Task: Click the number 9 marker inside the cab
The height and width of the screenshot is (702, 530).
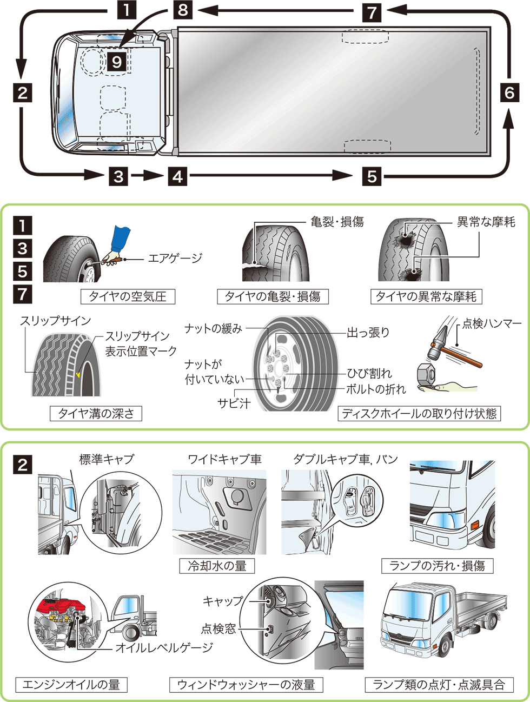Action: point(117,62)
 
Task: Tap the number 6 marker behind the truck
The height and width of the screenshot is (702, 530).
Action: point(509,92)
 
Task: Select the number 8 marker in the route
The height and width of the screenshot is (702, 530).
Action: point(183,10)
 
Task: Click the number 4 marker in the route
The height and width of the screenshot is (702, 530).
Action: point(177,176)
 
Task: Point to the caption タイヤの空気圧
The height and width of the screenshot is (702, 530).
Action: point(128,296)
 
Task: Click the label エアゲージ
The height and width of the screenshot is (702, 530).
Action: point(175,258)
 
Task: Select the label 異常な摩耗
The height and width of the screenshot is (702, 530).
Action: point(486,222)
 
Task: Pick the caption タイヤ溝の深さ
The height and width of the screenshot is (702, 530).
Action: point(96,414)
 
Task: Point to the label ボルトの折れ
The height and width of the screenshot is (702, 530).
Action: point(376,389)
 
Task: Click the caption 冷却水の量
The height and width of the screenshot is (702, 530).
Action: point(217,566)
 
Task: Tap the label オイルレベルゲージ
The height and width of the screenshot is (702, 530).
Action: point(164,647)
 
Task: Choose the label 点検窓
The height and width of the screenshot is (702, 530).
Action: point(218,628)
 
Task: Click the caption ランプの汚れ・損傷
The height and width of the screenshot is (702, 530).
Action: point(437,566)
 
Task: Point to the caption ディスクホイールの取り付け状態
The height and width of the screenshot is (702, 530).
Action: point(419,414)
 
